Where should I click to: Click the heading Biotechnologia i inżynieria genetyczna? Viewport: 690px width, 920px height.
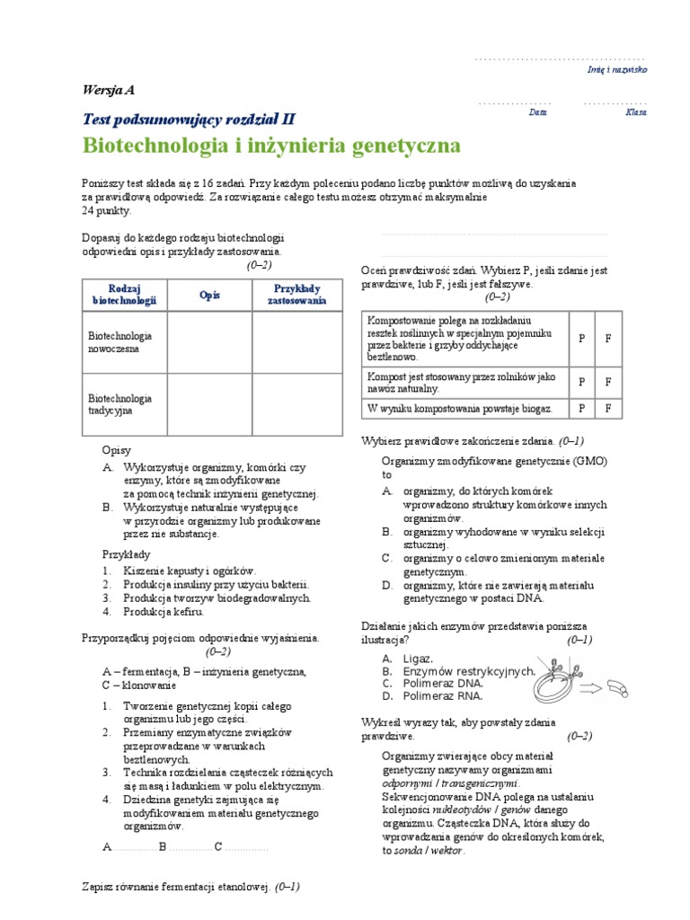(271, 146)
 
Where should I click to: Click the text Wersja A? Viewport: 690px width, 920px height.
(109, 90)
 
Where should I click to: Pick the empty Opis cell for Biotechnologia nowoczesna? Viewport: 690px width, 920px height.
(210, 341)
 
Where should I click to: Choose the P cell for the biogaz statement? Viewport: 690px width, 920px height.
(581, 408)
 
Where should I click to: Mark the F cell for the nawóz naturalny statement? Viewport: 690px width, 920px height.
(607, 381)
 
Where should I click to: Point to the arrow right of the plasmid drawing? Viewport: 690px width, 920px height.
(592, 689)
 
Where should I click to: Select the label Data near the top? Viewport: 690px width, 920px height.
(537, 113)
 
